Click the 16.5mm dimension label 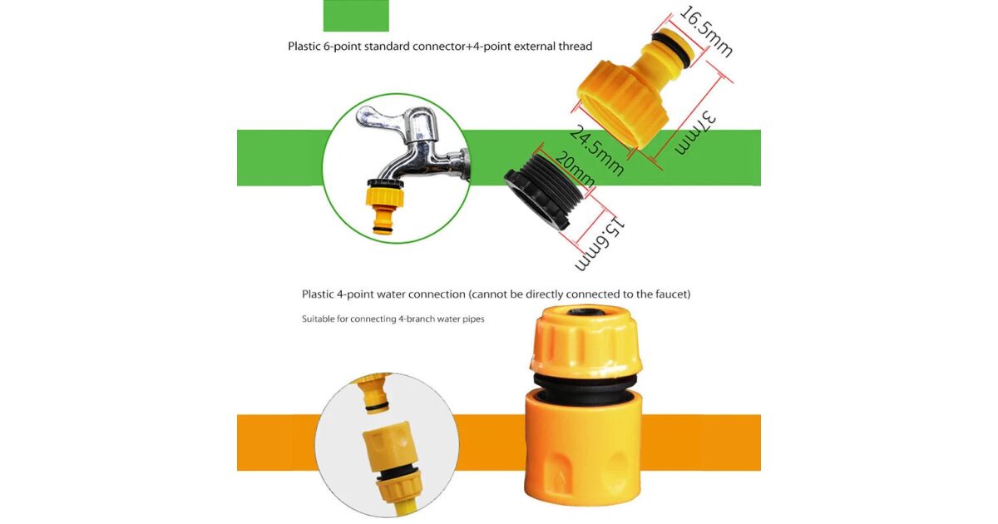(x=706, y=32)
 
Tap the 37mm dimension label (x=695, y=133)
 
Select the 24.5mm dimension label (x=596, y=151)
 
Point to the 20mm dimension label (x=575, y=170)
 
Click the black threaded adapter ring (x=544, y=191)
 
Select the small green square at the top (x=356, y=16)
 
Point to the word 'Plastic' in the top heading (x=304, y=47)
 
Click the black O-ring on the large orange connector (x=585, y=382)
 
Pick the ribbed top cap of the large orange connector (x=585, y=340)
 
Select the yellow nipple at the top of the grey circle (x=374, y=393)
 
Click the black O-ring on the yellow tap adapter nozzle (x=672, y=46)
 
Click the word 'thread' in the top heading (x=576, y=47)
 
